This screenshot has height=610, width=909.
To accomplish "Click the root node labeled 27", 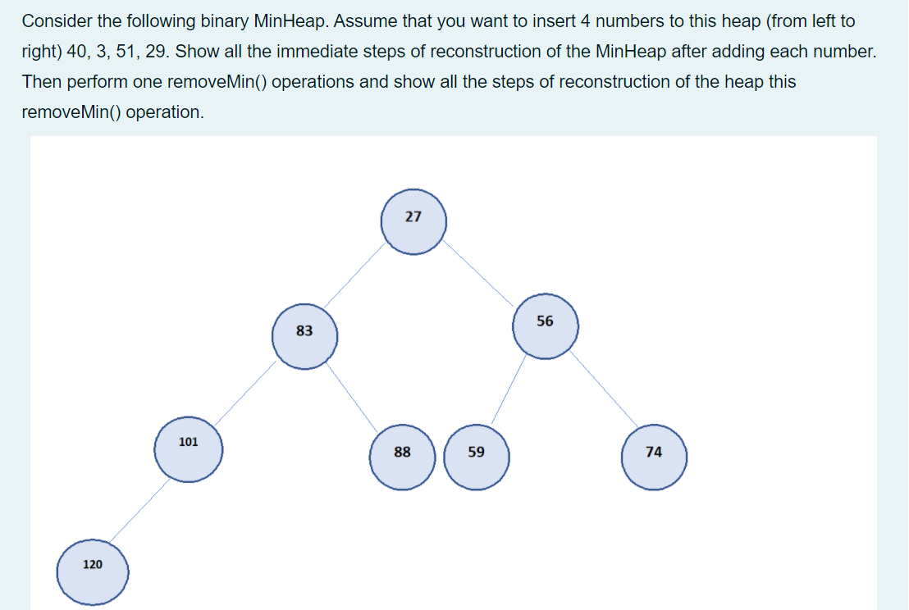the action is tap(413, 221).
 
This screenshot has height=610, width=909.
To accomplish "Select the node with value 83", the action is tap(304, 335).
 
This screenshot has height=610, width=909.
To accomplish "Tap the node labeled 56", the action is tap(546, 325).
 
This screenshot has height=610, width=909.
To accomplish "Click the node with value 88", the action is tap(402, 456).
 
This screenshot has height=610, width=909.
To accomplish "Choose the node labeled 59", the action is tap(477, 456).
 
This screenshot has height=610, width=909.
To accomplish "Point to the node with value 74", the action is tap(654, 456).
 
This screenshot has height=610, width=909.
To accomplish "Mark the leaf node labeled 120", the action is tap(93, 570).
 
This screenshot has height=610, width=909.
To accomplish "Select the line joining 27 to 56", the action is tap(480, 274).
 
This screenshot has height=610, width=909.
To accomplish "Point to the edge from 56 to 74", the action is tap(605, 392).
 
